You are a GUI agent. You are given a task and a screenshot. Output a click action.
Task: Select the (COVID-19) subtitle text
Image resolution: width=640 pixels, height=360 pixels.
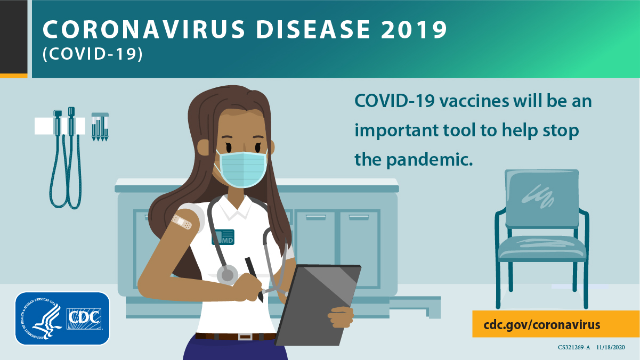coord(93,55)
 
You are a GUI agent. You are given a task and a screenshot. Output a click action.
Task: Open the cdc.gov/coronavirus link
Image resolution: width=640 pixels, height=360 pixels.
coord(542,324)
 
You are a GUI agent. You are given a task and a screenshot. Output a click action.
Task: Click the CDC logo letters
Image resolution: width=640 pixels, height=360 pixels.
coord(85,318)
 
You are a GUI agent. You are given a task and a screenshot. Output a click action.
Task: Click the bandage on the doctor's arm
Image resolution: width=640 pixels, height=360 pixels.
coord(182,223)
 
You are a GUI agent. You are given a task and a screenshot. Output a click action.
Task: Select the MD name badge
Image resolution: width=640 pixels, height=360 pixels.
coord(223,236)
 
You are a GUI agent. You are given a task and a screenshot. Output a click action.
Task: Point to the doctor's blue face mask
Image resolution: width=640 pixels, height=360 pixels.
coord(241,168)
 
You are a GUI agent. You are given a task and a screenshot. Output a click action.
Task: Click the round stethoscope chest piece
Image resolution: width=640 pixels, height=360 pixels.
coord(228,274)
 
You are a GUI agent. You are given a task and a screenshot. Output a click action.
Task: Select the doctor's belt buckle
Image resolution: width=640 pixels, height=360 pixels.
coord(245,337)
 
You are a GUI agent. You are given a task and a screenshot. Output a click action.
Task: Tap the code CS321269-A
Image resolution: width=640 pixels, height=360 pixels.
coord(574,347)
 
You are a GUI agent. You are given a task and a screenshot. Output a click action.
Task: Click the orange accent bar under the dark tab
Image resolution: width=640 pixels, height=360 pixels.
coord(13,75)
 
